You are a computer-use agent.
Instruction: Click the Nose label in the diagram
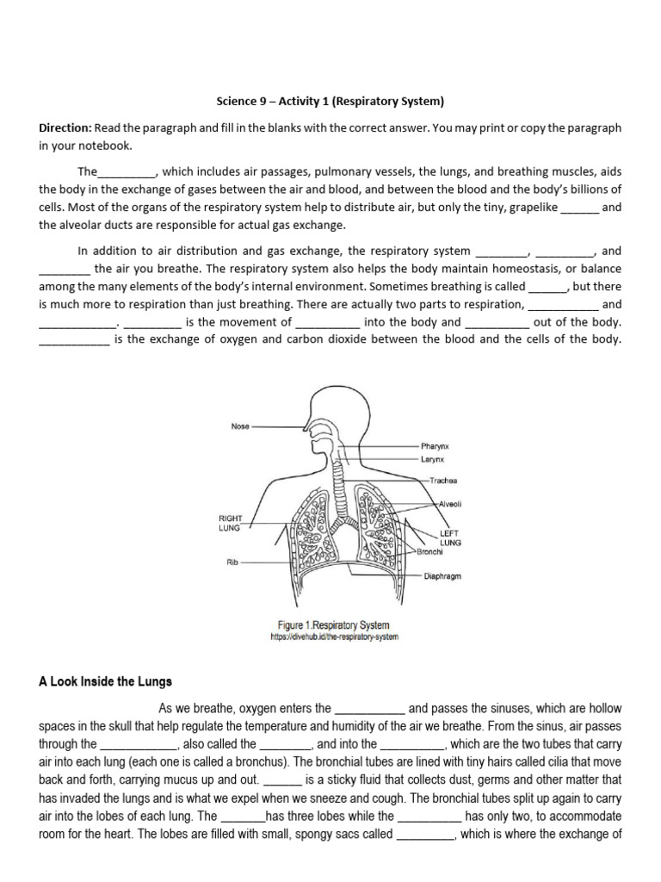click(x=240, y=426)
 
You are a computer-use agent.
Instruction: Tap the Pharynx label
click(x=436, y=446)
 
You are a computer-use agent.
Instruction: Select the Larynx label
click(x=433, y=460)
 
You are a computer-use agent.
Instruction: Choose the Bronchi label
click(x=429, y=551)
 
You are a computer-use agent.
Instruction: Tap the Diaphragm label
click(x=442, y=576)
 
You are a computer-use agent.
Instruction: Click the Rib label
click(x=232, y=561)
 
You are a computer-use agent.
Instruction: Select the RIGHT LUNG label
click(x=232, y=523)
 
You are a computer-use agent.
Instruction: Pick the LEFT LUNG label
click(x=451, y=538)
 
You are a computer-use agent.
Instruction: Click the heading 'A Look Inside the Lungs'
click(x=105, y=681)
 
